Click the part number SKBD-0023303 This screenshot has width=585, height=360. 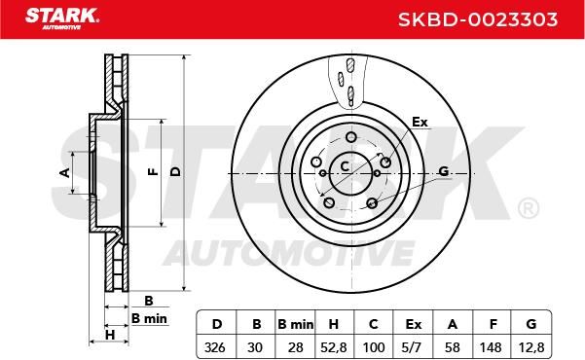point(478,19)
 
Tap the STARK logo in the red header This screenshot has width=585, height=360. point(62,18)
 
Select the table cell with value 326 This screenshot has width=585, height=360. point(215,347)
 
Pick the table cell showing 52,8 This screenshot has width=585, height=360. point(334,347)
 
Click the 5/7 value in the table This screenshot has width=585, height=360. point(413,347)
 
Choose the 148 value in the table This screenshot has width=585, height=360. point(491,347)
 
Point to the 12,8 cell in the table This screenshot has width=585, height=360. point(531,347)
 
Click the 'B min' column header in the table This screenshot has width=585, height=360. point(296,325)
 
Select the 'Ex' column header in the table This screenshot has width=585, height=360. point(414,325)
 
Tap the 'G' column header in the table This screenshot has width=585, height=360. point(531,324)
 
